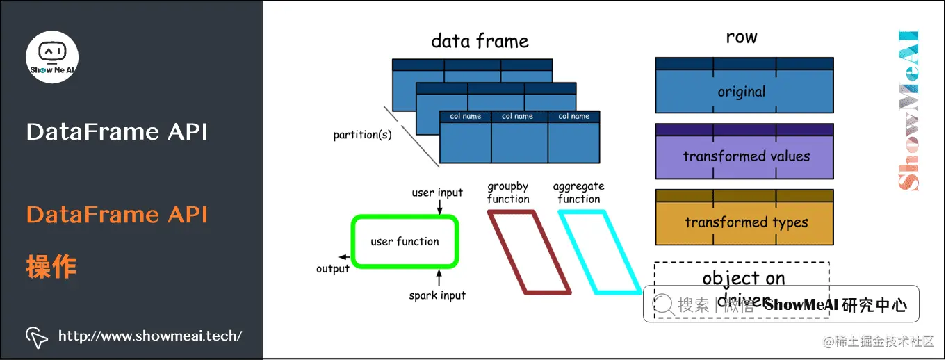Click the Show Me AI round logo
(x=52, y=56)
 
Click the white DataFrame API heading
(x=117, y=132)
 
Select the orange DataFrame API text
(x=117, y=215)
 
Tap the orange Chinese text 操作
(x=51, y=266)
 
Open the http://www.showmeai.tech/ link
(x=150, y=336)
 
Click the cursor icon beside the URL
(x=37, y=336)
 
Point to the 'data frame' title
(x=480, y=41)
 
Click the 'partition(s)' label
(x=362, y=135)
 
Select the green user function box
(x=405, y=241)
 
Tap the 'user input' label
(x=437, y=193)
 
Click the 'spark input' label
(x=437, y=295)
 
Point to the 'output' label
(x=332, y=269)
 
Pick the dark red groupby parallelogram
(x=529, y=252)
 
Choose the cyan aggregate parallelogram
(x=598, y=252)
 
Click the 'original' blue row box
(x=744, y=92)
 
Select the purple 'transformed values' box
(x=744, y=156)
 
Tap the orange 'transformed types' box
(x=744, y=222)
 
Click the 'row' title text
(x=741, y=38)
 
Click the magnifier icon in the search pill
(x=664, y=304)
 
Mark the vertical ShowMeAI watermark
(x=908, y=110)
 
